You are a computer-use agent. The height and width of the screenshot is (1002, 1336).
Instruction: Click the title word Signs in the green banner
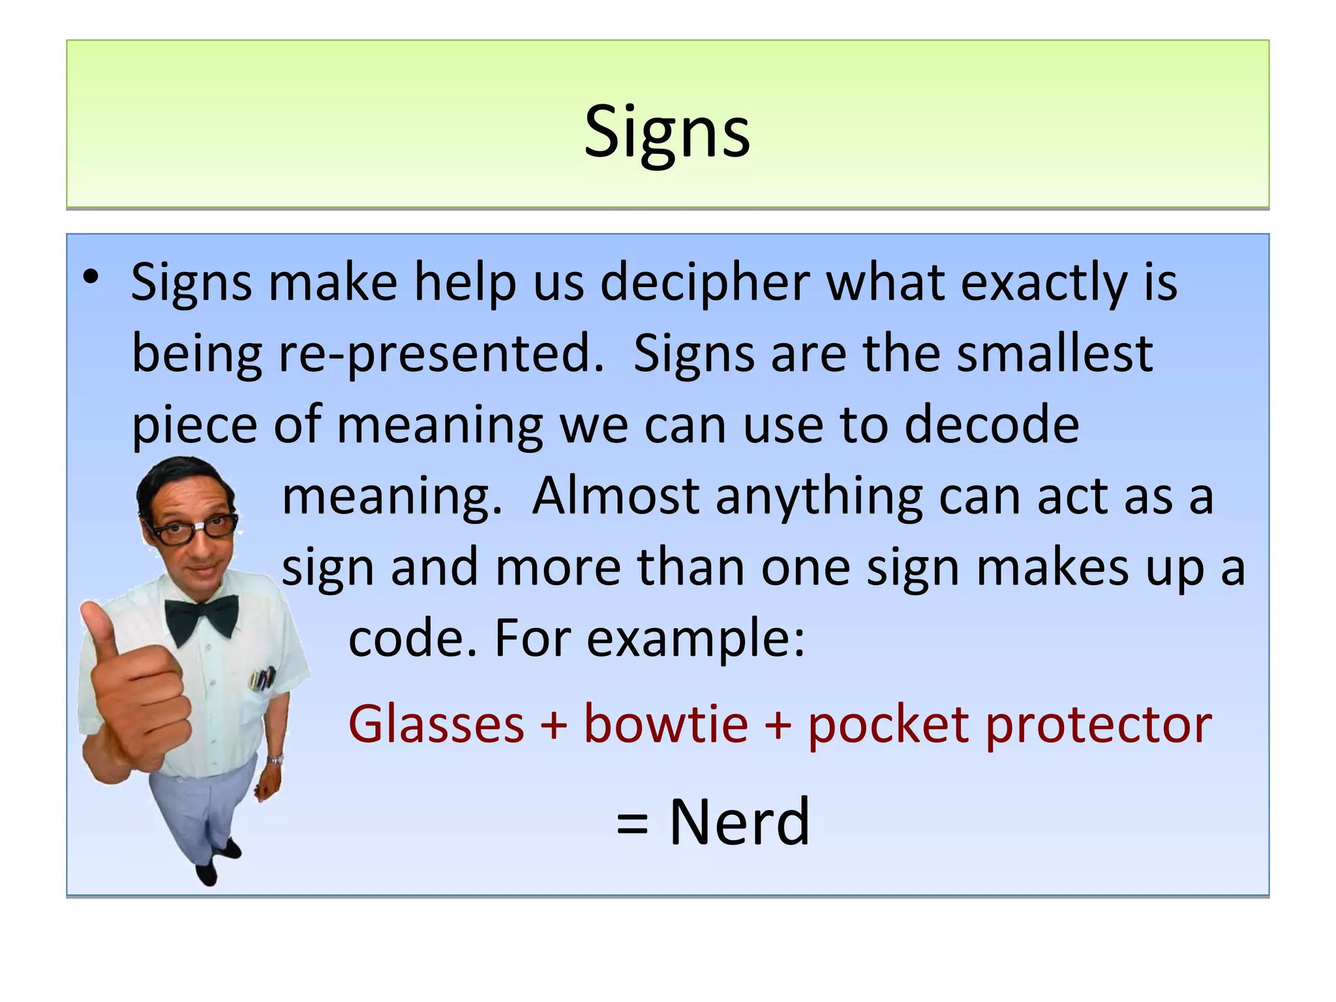coord(667,132)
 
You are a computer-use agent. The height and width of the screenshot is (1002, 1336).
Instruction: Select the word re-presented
coord(441,354)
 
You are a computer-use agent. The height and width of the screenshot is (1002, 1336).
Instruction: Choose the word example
coord(695,639)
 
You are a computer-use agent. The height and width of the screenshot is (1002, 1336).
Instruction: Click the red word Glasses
coord(436,724)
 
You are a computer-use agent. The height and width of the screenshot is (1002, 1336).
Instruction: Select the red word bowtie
coord(665,724)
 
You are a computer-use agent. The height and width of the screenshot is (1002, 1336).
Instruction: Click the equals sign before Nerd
coord(632,823)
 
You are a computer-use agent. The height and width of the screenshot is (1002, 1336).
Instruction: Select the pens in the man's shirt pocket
coord(262,678)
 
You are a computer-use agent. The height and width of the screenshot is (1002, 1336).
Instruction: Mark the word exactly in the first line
coord(1044,284)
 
